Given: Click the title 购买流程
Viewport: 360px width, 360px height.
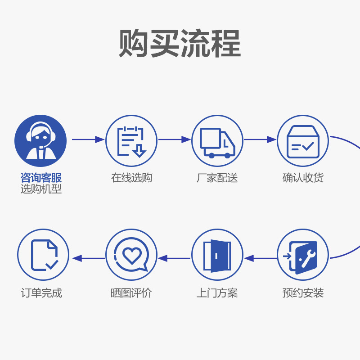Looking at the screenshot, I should coord(180,44).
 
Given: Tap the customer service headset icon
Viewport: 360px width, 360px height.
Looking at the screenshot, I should coord(40,141).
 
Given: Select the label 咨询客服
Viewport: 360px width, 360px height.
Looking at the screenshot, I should coord(41,177).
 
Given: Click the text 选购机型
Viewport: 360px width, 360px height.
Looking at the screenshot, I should coord(41,189).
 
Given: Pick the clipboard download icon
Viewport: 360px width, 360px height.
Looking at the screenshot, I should coord(131,141).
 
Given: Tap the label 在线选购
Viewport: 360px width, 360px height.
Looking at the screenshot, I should coord(131,178).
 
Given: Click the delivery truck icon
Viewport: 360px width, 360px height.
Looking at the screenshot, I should coord(217,141).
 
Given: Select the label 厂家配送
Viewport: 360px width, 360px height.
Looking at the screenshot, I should coord(217,178).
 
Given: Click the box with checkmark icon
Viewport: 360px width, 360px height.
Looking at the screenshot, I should coord(302,141).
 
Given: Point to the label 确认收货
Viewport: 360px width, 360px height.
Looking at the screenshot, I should coord(303,178).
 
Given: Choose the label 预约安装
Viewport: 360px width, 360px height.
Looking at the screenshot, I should coord(303,293).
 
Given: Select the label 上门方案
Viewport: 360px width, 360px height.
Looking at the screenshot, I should coord(217,293).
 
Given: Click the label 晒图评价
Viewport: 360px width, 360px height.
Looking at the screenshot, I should coord(131,293).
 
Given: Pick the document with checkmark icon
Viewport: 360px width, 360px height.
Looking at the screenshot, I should coord(43,255).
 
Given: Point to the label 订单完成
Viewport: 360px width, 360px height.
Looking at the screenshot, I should coord(41,293).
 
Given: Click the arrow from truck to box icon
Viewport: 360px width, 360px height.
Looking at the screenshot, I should coord(260,139).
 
